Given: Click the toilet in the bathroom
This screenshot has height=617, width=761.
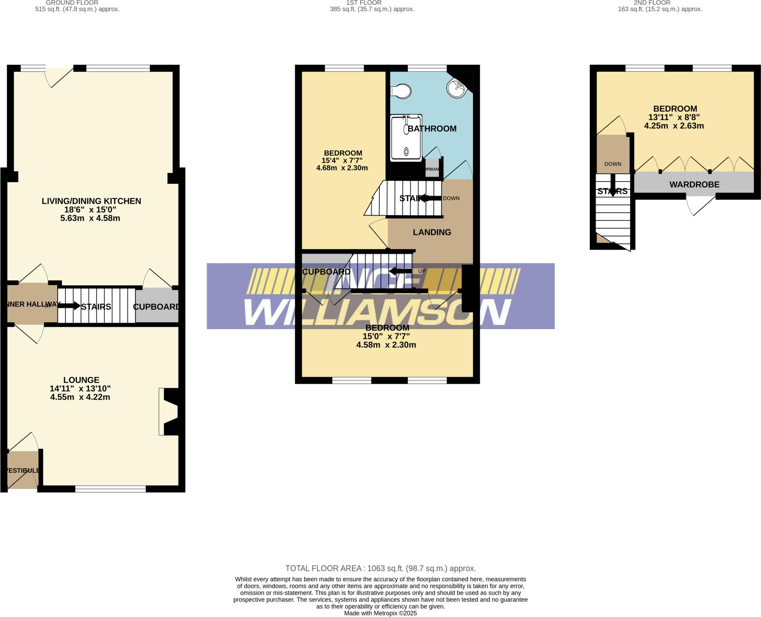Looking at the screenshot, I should (x=401, y=91).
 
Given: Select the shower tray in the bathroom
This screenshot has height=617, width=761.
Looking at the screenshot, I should (x=406, y=138).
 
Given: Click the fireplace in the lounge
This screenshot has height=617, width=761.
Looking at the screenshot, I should (x=170, y=412).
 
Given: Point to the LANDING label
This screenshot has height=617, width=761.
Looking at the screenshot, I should (x=432, y=232).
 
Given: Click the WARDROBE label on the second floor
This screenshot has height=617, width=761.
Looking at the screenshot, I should (x=694, y=184).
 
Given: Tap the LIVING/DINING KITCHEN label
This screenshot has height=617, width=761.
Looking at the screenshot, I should (x=91, y=201).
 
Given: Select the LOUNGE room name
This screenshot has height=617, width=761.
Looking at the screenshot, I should (x=81, y=380).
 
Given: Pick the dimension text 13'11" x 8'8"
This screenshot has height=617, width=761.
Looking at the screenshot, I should (x=674, y=117).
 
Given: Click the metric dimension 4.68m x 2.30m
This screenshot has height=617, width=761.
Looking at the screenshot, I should (x=342, y=168).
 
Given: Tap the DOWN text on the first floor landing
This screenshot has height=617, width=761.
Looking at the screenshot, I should (x=451, y=198).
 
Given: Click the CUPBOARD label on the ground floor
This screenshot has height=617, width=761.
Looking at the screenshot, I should (x=156, y=307).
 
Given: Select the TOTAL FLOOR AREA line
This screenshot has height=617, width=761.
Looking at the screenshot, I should (x=380, y=568).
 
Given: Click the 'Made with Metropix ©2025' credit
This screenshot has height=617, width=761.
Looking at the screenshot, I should (x=380, y=613).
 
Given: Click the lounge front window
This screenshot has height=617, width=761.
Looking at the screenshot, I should (x=110, y=489).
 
